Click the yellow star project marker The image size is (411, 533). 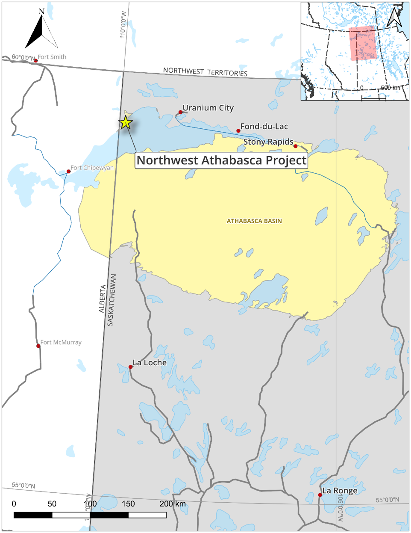point(126,123)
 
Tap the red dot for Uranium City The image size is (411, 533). point(180,112)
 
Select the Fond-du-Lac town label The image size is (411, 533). point(264,127)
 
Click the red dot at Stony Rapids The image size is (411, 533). point(295,146)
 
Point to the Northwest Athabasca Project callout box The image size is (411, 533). point(221,160)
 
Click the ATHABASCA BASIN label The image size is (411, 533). point(254,221)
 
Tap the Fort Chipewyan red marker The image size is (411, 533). point(68,172)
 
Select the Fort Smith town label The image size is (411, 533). point(52,57)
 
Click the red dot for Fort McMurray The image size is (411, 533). point(38,346)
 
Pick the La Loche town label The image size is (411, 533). point(150,363)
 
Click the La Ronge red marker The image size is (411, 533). point(320,495)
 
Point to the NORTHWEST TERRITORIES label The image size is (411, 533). point(205,72)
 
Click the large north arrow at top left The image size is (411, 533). point(41,30)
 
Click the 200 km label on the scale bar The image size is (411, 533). point(173,504)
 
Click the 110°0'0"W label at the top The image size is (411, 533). point(123,25)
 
